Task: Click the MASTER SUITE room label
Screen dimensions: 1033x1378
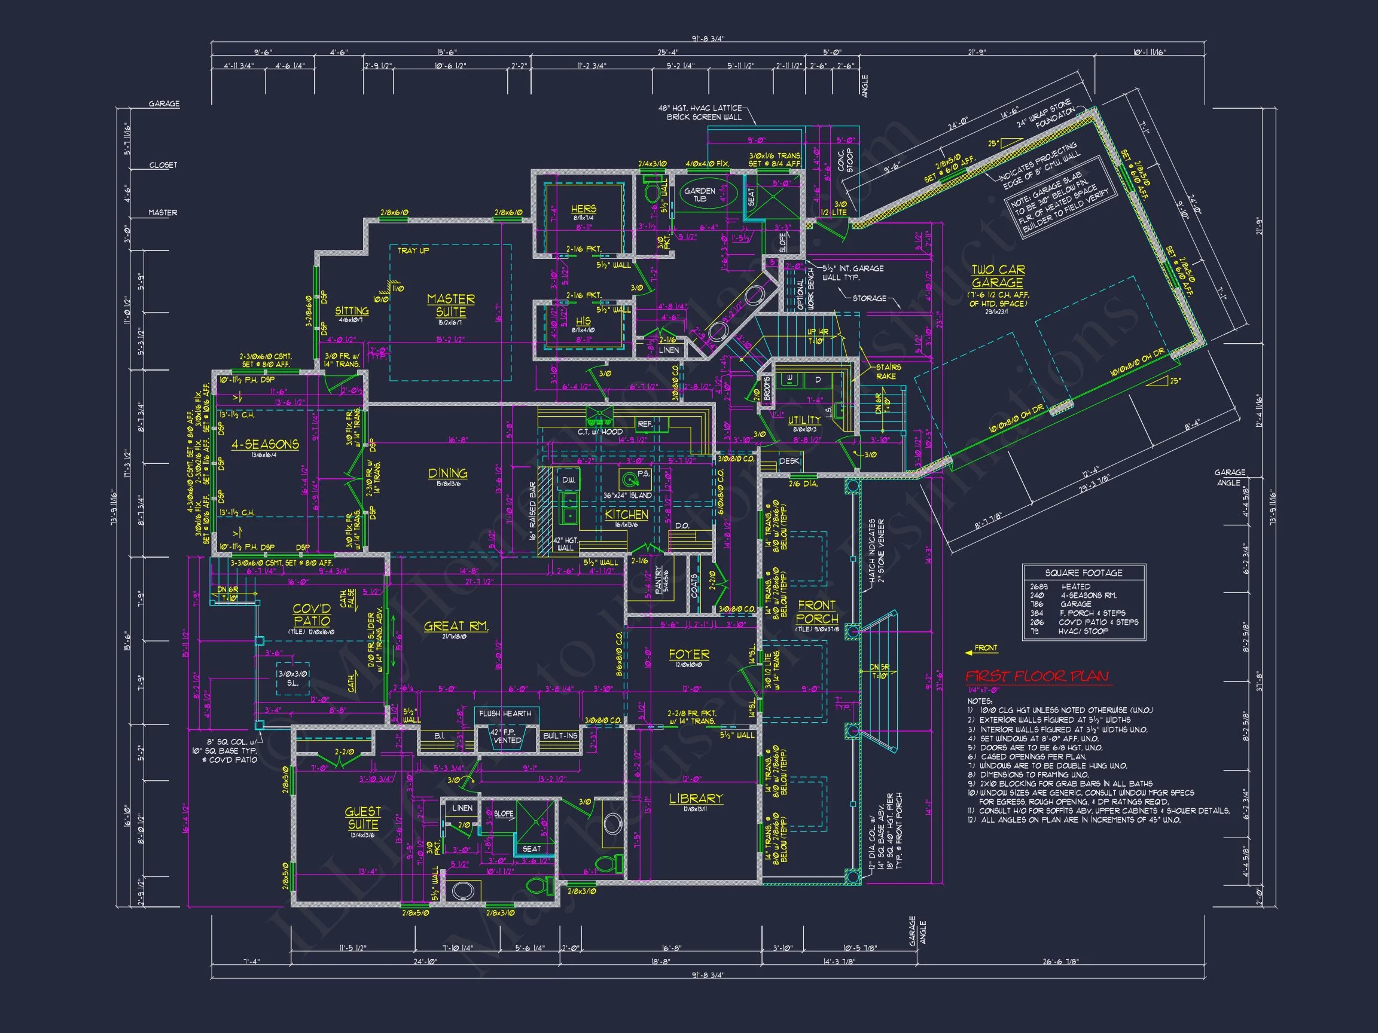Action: tap(450, 305)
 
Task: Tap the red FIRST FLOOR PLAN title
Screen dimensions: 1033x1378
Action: tap(1037, 676)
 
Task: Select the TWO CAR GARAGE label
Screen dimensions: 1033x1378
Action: tap(998, 276)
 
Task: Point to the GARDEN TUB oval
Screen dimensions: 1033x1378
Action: tap(700, 194)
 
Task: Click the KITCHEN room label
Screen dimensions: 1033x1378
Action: tap(626, 514)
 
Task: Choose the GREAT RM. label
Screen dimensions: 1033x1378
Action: tap(455, 626)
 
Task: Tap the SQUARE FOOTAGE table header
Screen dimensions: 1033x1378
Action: tap(1083, 572)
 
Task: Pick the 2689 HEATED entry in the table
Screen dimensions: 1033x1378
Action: tap(1060, 586)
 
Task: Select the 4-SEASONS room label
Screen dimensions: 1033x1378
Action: tap(265, 444)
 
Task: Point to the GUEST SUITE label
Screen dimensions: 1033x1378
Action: tap(362, 818)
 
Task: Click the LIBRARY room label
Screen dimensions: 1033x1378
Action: tap(696, 798)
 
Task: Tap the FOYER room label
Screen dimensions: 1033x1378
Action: tap(688, 655)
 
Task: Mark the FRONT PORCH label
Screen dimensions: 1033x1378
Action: tap(817, 612)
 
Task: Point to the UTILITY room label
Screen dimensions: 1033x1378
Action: tap(804, 420)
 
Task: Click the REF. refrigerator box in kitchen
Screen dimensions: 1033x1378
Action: tap(645, 424)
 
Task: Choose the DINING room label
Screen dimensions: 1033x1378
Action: tap(447, 473)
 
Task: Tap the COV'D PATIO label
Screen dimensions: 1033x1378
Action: tap(312, 614)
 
